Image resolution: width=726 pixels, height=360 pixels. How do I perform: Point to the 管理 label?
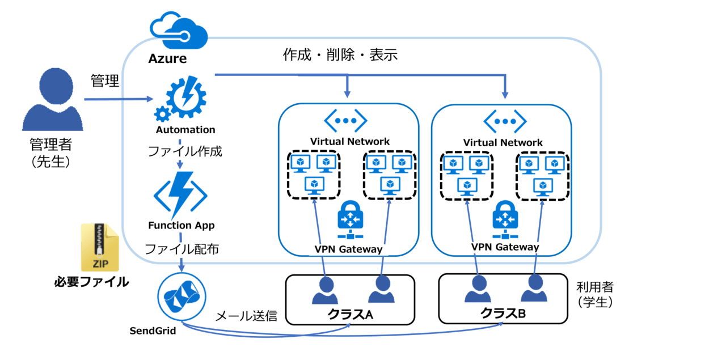click(105, 81)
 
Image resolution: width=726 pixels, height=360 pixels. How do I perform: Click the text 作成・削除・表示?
click(340, 55)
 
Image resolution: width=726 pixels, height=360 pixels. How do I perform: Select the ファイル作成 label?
click(184, 152)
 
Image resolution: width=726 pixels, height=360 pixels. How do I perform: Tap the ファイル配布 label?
click(181, 248)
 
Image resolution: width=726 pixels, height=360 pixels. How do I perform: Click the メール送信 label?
click(246, 316)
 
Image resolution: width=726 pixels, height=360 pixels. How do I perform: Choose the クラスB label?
click(503, 312)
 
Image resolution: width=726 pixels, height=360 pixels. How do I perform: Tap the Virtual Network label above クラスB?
click(503, 143)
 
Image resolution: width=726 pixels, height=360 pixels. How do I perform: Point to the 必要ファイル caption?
click(91, 282)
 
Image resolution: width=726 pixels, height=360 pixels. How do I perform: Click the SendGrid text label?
click(153, 331)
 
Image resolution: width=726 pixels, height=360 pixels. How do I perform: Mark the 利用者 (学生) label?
click(595, 294)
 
